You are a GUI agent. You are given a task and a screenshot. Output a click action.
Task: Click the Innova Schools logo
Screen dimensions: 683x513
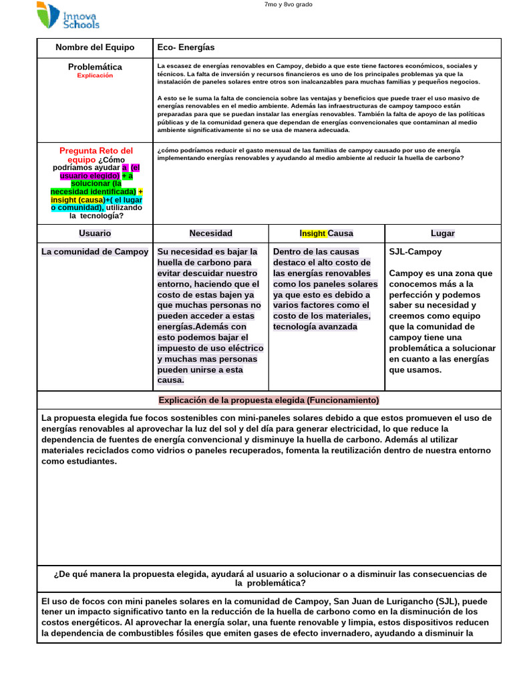tap(68, 16)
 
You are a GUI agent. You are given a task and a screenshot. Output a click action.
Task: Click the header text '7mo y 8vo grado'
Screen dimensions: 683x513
tap(289, 5)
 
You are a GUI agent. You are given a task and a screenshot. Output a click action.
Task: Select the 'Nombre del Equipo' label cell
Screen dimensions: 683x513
tap(95, 47)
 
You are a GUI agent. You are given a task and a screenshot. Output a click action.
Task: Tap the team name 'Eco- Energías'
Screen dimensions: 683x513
tap(186, 47)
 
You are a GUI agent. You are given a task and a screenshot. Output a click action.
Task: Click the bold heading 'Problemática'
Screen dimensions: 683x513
tap(95, 67)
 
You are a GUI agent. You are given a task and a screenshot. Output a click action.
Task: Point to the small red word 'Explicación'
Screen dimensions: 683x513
tap(95, 76)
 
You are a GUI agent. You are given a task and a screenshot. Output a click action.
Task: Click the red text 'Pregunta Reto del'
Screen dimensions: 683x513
tap(97, 151)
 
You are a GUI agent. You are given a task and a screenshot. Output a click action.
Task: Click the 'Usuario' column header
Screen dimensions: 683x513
tap(95, 233)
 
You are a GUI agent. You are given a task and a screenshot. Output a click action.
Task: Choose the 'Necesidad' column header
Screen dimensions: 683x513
tap(211, 233)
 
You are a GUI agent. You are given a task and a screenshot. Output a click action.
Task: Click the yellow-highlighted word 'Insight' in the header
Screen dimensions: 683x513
tap(313, 233)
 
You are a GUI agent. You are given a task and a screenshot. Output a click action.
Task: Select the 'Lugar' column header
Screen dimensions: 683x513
tap(443, 233)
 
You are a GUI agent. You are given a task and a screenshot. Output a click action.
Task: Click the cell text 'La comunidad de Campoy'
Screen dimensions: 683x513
tap(95, 252)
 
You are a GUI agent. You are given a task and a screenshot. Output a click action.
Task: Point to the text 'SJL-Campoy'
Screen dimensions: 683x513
tap(415, 252)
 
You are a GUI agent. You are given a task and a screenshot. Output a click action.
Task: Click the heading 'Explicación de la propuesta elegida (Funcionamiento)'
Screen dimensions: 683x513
tap(269, 400)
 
